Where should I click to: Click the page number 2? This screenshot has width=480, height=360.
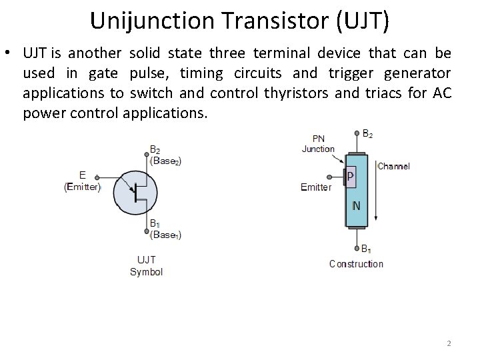[449, 343]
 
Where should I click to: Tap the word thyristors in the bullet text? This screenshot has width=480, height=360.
[293, 93]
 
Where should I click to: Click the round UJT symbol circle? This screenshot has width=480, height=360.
[137, 192]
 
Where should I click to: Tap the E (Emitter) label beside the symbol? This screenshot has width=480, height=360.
[83, 181]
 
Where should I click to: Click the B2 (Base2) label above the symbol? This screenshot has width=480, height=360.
[165, 155]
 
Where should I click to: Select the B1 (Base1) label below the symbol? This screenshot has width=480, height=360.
[165, 229]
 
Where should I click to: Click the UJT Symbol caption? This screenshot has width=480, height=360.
[146, 265]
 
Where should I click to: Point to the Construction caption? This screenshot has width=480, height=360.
[356, 264]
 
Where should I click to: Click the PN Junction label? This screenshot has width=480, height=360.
[318, 144]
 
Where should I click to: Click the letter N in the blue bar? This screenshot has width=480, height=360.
[357, 206]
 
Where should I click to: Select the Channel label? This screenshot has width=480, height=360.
[393, 166]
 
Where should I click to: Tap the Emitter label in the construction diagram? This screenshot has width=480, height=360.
[315, 187]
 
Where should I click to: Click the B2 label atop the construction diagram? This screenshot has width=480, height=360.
[367, 134]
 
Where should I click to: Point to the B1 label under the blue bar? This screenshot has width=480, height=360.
[367, 249]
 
